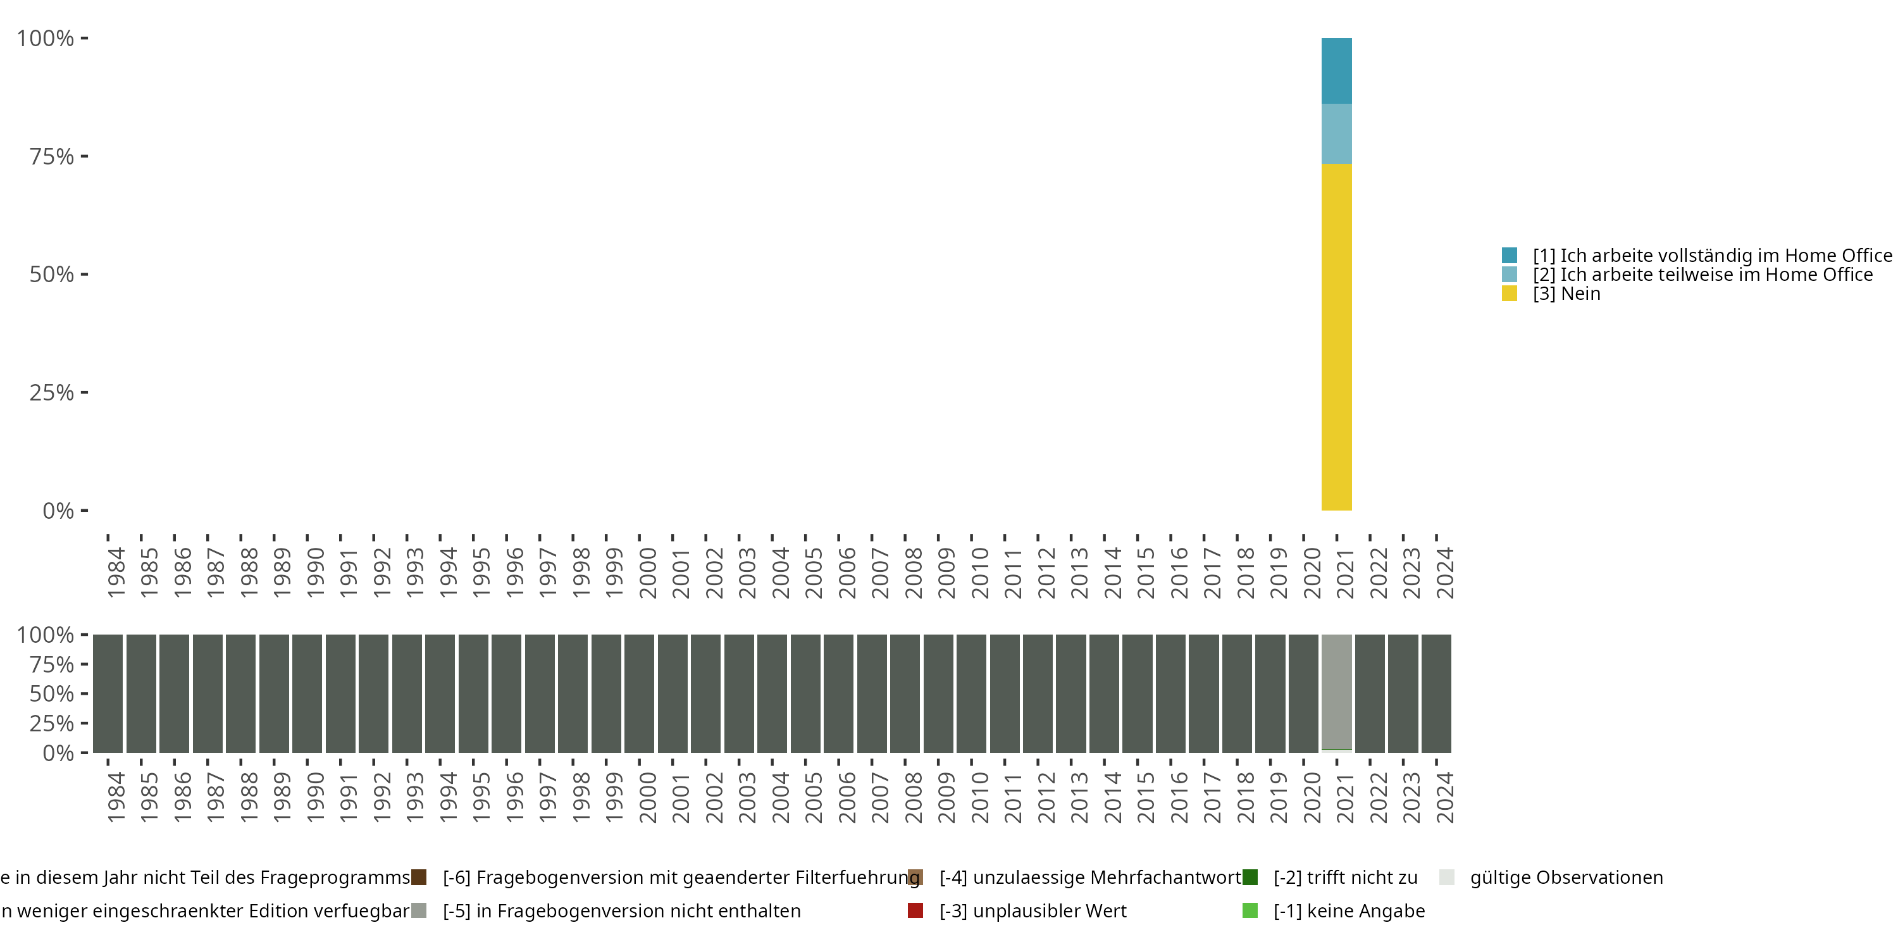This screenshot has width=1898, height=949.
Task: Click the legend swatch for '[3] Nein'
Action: [x=1509, y=294]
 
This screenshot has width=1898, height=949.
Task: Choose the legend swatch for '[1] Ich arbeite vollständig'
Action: [x=1509, y=255]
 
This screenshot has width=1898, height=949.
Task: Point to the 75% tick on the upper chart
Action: [x=84, y=156]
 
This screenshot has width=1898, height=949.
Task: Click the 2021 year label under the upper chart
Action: [x=1344, y=573]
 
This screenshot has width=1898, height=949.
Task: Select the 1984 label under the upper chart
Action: [x=116, y=573]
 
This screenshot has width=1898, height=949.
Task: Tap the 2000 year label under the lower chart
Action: [x=647, y=797]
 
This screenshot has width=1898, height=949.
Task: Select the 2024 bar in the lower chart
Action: [x=1436, y=693]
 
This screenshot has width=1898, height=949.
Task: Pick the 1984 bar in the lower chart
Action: [x=108, y=693]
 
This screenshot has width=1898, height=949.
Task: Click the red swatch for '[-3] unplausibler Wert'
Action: [x=915, y=910]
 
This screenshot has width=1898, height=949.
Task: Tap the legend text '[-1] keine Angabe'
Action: [x=1348, y=910]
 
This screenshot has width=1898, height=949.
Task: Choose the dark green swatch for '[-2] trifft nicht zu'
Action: [x=1250, y=878]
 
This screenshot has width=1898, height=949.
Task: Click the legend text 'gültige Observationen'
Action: [x=1566, y=878]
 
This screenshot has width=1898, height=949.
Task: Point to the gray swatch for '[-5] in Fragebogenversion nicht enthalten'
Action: [x=418, y=910]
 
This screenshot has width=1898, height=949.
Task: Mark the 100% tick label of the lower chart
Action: [x=45, y=635]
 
